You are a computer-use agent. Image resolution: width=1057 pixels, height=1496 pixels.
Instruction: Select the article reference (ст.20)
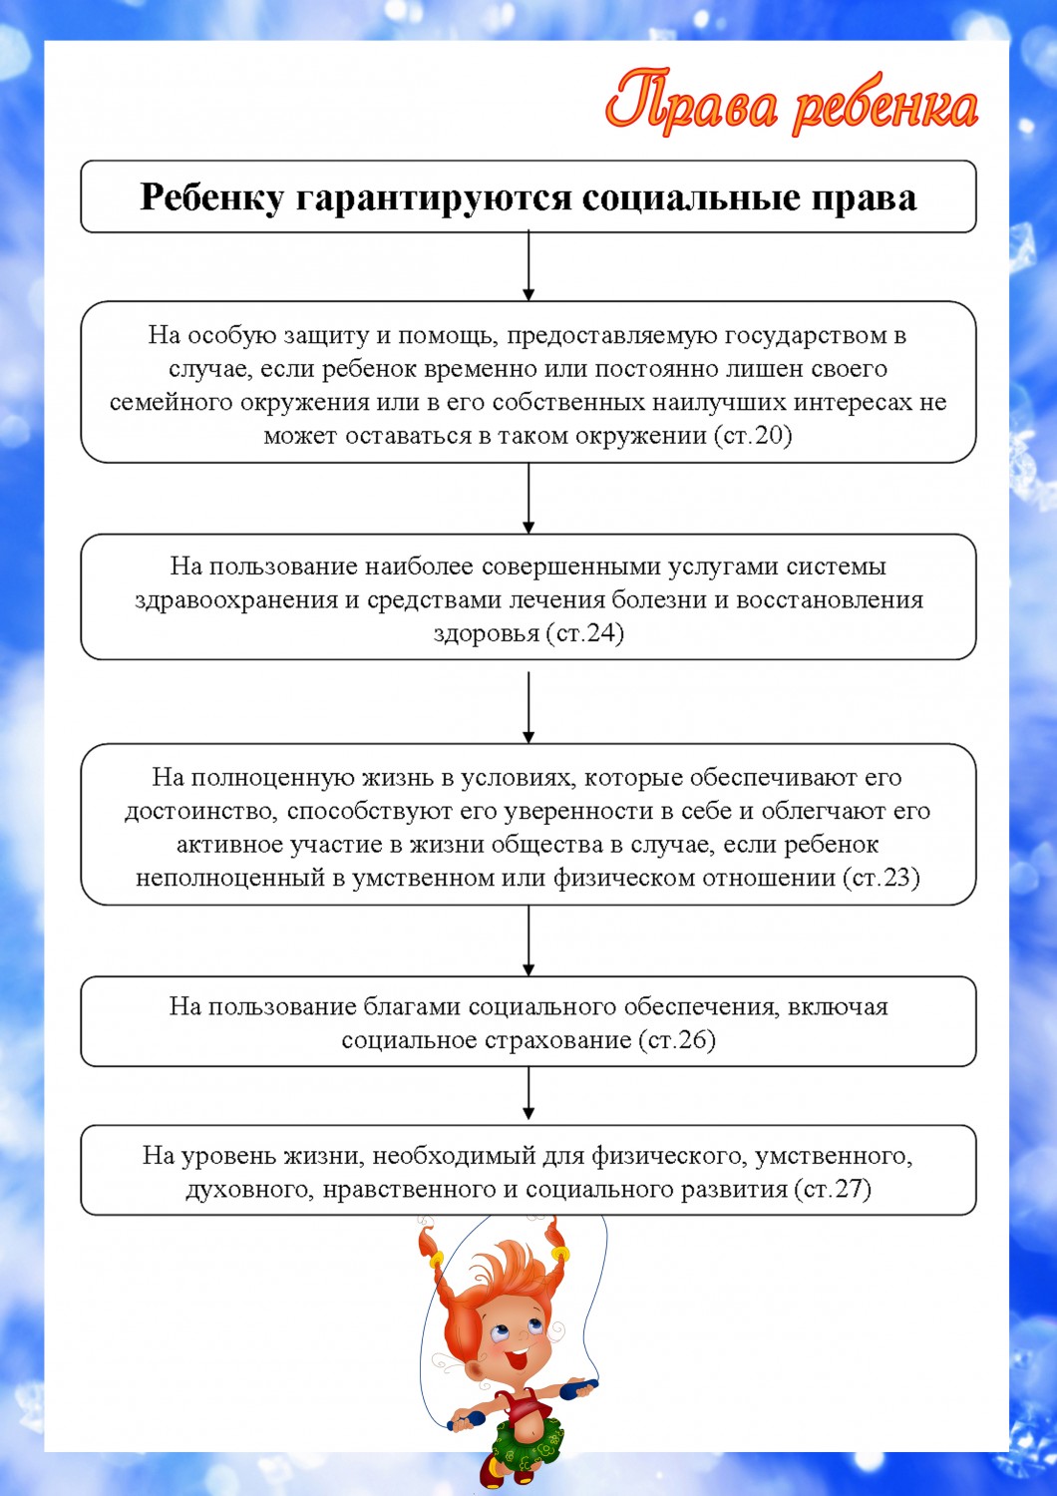pos(753,436)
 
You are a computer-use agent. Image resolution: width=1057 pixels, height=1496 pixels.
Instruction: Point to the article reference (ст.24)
pos(584,633)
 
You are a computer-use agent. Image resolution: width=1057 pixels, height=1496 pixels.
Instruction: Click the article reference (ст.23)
pos(881,878)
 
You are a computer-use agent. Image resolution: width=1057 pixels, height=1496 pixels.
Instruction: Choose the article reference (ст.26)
pos(677,1040)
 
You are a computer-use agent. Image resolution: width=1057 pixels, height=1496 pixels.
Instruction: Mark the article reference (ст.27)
pos(833,1189)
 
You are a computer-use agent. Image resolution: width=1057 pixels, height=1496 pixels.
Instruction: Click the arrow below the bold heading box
pos(528,266)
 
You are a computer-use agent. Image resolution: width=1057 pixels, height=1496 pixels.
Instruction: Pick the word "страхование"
pos(557,1040)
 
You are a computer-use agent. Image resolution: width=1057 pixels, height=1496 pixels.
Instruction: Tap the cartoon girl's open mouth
pos(517,1359)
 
